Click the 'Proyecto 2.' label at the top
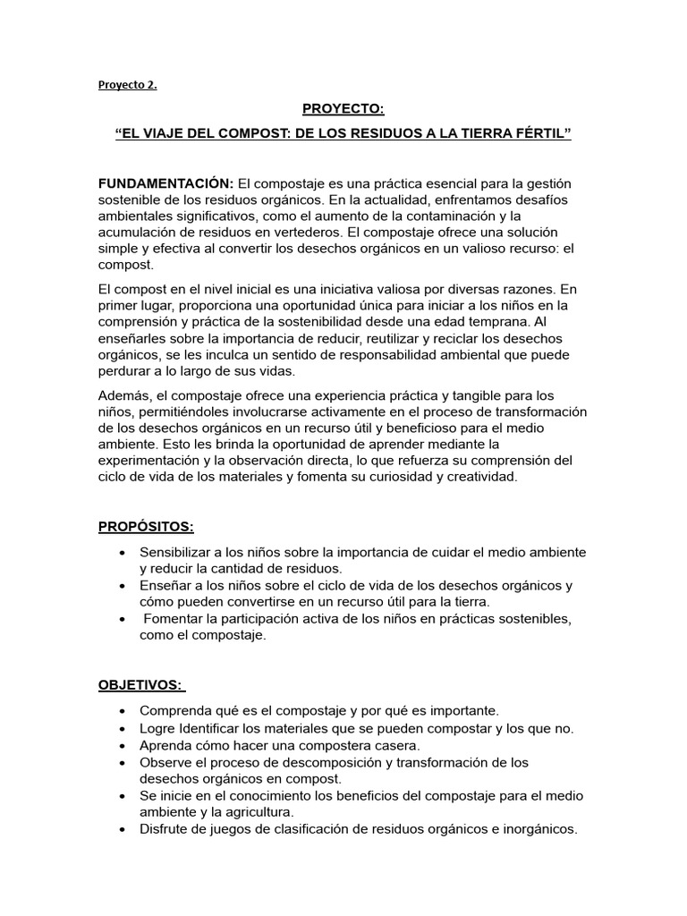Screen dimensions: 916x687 tap(127, 87)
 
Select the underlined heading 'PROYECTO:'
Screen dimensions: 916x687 tap(343, 109)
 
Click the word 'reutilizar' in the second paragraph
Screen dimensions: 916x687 tap(410, 339)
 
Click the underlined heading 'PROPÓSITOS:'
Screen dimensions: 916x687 tap(145, 527)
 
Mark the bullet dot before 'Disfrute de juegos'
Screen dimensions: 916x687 tap(122, 829)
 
